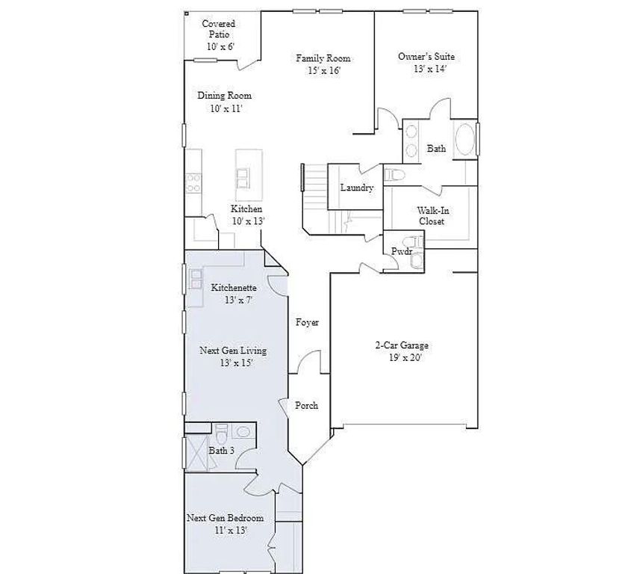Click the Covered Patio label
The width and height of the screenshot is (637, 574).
219,35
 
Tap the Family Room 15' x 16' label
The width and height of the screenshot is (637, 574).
323,64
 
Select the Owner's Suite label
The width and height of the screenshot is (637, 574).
426,62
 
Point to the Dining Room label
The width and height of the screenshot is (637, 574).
224,102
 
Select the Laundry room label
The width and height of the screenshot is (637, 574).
356,188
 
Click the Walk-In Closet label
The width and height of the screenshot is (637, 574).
432,216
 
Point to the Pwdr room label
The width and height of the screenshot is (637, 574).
403,252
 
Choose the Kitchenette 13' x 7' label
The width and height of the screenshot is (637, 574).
234,294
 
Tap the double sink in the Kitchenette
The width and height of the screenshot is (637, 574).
196,280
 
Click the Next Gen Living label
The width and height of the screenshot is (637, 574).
233,357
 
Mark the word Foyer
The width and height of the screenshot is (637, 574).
307,323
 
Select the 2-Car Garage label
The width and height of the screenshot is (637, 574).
401,351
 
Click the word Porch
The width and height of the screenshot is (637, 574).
306,406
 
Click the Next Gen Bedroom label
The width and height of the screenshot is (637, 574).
225,523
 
